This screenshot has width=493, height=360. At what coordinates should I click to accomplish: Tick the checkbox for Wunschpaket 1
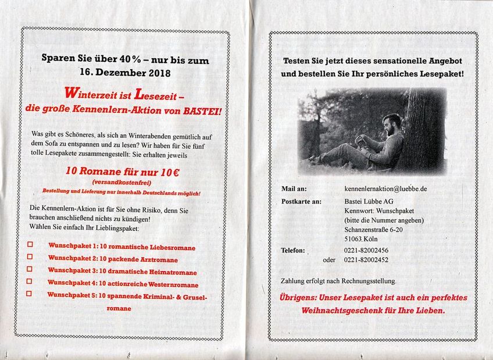(30, 244)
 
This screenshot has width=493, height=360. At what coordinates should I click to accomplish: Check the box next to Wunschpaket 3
(30, 269)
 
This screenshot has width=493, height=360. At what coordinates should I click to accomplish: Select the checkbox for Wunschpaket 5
(29, 294)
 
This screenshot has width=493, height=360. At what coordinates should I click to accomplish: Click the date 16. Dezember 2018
(125, 73)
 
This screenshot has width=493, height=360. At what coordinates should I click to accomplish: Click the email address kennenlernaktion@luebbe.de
(385, 189)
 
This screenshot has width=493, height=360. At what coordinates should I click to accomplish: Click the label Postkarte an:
(301, 202)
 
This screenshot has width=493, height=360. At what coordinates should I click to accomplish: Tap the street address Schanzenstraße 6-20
(374, 230)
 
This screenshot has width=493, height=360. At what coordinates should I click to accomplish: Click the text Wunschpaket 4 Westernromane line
(123, 284)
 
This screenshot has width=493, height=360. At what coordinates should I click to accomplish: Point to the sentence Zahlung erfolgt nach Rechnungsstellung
(338, 280)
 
